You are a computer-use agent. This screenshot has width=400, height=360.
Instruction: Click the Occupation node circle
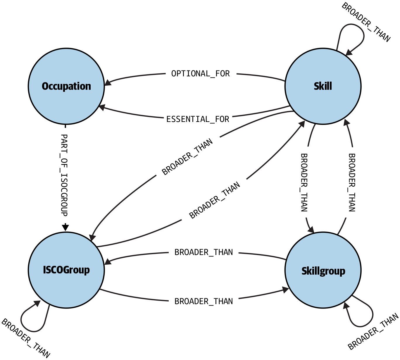(x=66, y=86)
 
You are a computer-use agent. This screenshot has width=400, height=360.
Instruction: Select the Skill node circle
(x=323, y=86)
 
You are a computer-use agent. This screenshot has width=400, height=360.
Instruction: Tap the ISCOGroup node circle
(x=66, y=270)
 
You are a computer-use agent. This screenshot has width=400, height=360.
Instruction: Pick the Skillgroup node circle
(x=323, y=270)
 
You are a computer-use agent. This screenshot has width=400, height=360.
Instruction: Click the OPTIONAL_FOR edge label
(x=201, y=74)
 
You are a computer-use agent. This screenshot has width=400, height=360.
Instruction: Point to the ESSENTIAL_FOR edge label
(x=198, y=119)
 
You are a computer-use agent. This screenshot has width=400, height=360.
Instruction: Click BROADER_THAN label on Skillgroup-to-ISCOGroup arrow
(x=204, y=252)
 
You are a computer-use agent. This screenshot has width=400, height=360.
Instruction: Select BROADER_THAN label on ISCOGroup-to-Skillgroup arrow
(x=204, y=301)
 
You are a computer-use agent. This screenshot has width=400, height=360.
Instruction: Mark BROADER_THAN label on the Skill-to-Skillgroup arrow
(x=304, y=182)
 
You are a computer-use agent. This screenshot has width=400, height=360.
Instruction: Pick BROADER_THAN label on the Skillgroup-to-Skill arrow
(x=352, y=182)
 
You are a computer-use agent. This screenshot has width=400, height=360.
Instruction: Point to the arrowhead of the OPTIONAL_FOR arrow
(x=108, y=83)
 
